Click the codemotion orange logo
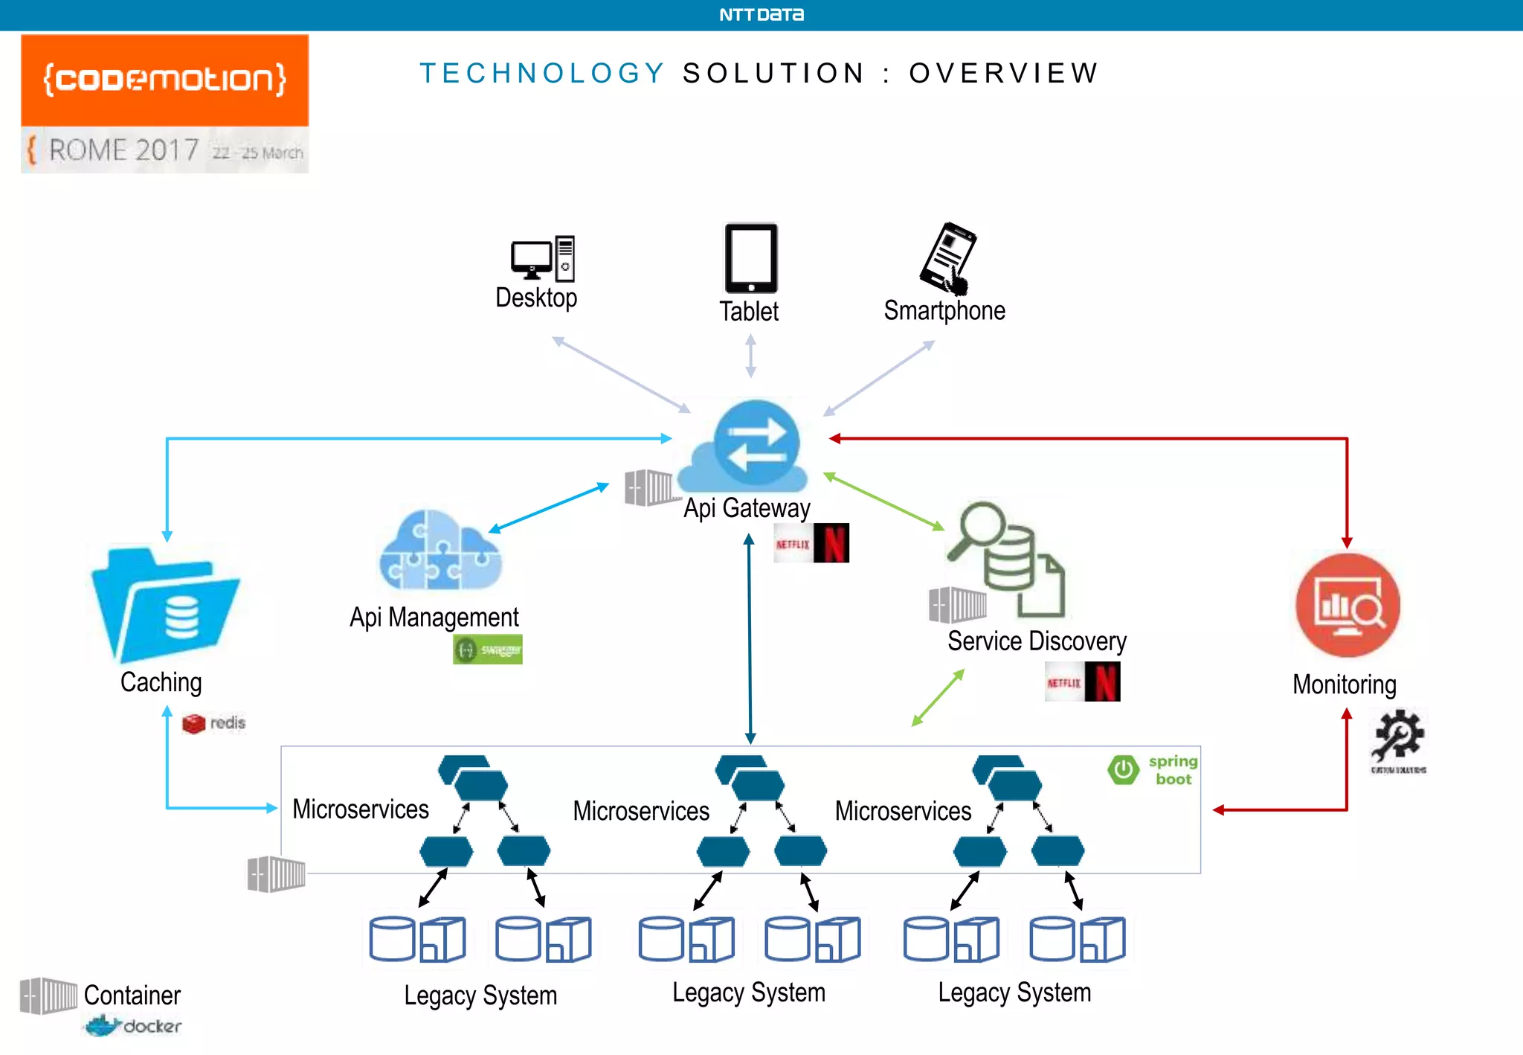[x=164, y=80]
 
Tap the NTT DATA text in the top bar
[x=761, y=15]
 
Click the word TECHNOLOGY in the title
[x=542, y=73]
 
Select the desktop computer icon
[x=543, y=258]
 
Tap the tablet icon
[x=750, y=258]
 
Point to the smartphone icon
[x=947, y=257]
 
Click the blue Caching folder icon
[x=165, y=605]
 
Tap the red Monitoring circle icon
[x=1347, y=605]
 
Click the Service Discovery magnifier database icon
[x=1004, y=558]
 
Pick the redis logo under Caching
[x=213, y=723]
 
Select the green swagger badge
[x=487, y=650]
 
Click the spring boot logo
[x=1153, y=770]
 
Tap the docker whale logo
[x=132, y=1027]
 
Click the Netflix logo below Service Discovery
[x=1082, y=682]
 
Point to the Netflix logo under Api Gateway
[x=811, y=543]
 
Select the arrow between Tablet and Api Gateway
[x=750, y=356]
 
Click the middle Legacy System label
[x=748, y=993]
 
